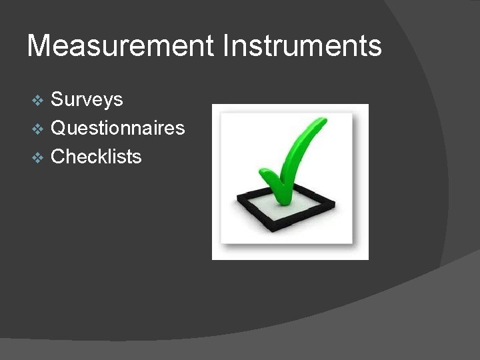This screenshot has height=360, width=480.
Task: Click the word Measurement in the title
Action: pyautogui.click(x=121, y=47)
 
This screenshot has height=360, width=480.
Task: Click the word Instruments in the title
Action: pyautogui.click(x=303, y=47)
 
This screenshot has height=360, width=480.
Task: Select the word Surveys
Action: pyautogui.click(x=87, y=100)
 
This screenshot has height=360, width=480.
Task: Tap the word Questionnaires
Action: pyautogui.click(x=118, y=128)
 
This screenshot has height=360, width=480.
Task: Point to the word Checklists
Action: pyautogui.click(x=96, y=157)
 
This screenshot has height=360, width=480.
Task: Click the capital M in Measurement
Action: pyautogui.click(x=39, y=47)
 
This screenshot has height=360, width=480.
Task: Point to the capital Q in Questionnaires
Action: pyautogui.click(x=59, y=128)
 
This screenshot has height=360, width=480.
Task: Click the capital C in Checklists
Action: pyautogui.click(x=59, y=157)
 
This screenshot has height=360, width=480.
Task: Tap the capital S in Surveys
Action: pyautogui.click(x=57, y=100)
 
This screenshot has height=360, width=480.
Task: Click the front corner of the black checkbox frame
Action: pyautogui.click(x=269, y=230)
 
